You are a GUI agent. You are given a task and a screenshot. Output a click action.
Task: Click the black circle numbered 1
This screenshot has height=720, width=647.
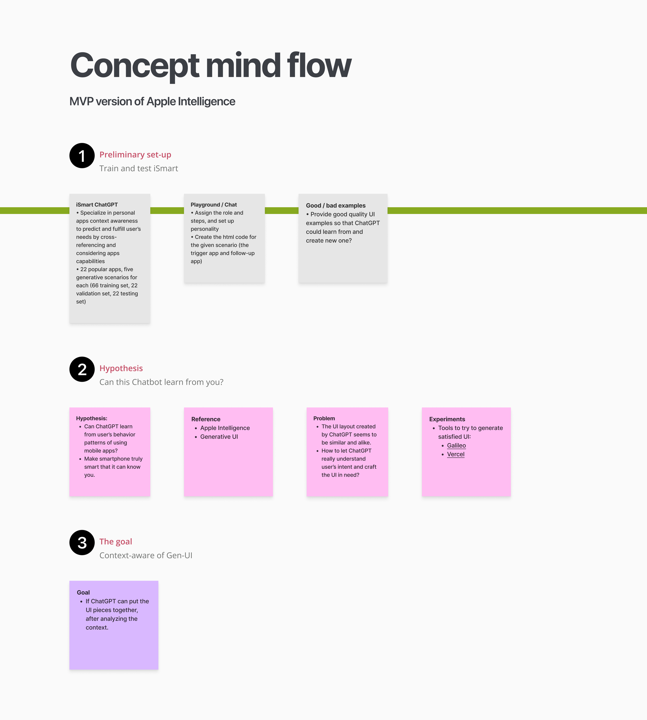click(82, 156)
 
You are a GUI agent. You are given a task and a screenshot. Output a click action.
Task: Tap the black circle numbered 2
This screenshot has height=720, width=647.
click(82, 369)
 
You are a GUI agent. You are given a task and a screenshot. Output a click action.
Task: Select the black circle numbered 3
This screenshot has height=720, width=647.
click(82, 542)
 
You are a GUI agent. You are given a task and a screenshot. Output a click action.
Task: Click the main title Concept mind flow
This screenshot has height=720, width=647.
click(210, 65)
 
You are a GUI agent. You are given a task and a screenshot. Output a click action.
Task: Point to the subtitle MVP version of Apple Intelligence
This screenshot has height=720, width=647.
click(152, 102)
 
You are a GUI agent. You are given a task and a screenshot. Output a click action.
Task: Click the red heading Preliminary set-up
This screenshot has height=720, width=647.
click(135, 155)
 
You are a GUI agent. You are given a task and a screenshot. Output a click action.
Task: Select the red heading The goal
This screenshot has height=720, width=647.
click(115, 541)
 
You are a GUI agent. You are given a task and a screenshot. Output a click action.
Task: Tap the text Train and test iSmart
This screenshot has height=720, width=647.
click(139, 168)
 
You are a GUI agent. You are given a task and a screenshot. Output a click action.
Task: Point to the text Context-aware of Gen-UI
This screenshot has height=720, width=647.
click(146, 555)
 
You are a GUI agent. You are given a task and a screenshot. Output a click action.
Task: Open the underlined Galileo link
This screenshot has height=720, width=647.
click(456, 446)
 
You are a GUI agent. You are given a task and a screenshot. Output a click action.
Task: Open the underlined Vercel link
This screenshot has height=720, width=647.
click(455, 454)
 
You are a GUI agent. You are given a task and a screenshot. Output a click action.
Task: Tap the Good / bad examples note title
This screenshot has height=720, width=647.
click(336, 205)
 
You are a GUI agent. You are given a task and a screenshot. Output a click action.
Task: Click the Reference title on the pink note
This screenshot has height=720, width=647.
click(206, 419)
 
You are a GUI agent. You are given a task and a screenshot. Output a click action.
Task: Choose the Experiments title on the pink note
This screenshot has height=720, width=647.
click(447, 419)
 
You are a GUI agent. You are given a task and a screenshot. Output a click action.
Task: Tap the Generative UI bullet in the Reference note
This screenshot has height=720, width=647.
click(219, 437)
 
